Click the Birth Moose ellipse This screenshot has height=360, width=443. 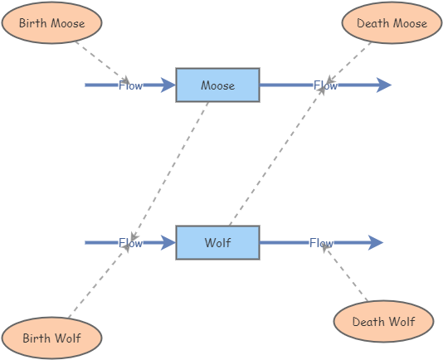[51, 23]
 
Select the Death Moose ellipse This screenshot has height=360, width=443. [392, 23]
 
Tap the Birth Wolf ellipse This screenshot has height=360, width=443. [51, 338]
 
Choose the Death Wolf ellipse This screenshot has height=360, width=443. [383, 322]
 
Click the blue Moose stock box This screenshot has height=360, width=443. [217, 85]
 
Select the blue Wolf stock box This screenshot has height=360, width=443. [217, 243]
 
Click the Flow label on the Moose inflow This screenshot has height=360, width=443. [130, 85]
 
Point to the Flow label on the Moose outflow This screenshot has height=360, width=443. [325, 85]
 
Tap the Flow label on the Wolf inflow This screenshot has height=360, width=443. [130, 243]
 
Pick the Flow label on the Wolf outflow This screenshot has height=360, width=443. [321, 243]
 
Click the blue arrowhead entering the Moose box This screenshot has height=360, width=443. [168, 85]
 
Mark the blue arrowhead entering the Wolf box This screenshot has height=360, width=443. [168, 243]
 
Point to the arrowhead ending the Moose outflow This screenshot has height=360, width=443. [383, 85]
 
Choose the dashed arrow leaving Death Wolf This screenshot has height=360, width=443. [347, 273]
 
